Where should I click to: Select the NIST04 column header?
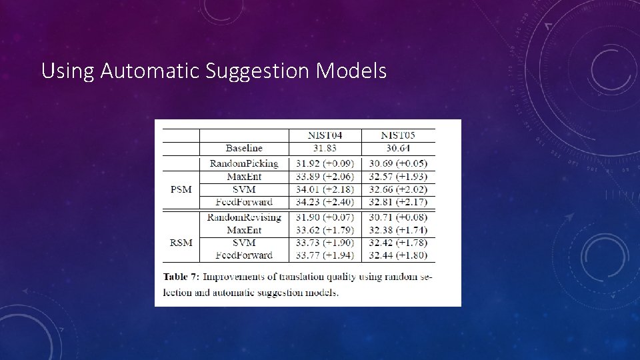point(325,135)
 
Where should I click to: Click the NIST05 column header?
point(397,135)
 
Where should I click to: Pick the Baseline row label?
point(244,148)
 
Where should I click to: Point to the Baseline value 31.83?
point(325,148)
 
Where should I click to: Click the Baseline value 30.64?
point(397,148)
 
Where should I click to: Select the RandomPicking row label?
point(244,163)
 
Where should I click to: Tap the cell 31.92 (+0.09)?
point(325,163)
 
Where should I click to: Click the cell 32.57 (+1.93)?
point(398,176)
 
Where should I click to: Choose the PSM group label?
point(181,189)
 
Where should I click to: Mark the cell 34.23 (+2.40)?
point(325,201)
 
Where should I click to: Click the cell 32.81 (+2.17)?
point(398,201)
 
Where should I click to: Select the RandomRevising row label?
point(244,217)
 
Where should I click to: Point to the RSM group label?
point(181,242)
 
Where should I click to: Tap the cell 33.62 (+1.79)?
point(325,230)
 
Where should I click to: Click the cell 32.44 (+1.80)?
point(398,255)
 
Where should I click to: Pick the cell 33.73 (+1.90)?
point(325,242)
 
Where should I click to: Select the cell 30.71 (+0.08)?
point(398,217)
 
